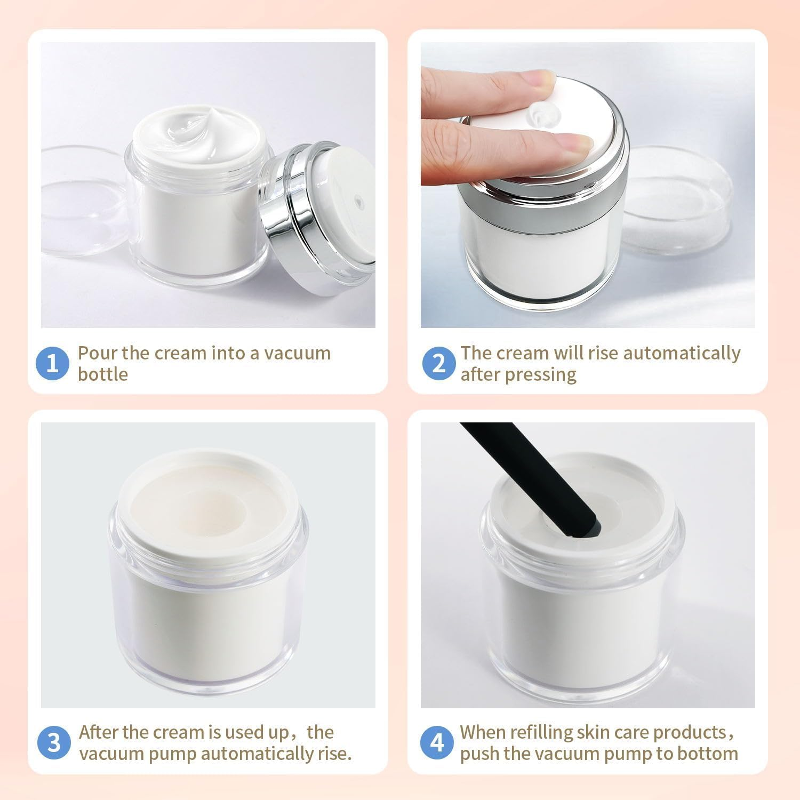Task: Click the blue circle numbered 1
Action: tap(52, 364)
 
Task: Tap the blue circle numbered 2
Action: tap(438, 364)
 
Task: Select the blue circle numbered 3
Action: tap(53, 743)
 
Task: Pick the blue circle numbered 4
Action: tap(437, 743)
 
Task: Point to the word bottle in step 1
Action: tap(102, 374)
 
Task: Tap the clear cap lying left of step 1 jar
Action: tap(80, 203)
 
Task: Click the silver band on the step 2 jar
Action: tap(544, 208)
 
